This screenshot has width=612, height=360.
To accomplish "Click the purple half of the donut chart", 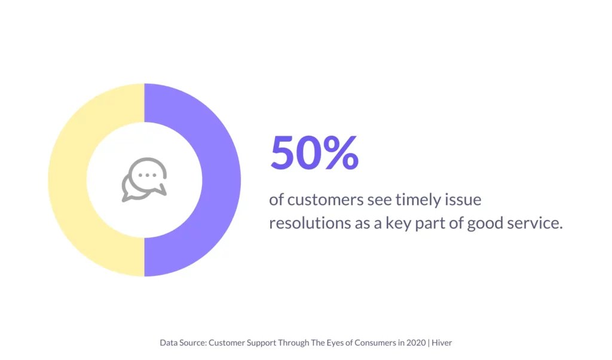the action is tap(222, 179).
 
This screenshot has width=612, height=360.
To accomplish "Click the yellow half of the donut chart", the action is tap(67, 179).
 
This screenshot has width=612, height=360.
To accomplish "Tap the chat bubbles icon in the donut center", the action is tap(145, 179).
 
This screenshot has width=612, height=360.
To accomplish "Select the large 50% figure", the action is tap(314, 152).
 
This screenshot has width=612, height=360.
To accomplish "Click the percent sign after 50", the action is tap(341, 152).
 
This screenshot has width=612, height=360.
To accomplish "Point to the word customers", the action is tap(326, 200).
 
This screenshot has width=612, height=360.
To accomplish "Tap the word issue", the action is tap(464, 200).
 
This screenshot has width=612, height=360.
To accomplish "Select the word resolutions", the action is tap(310, 223).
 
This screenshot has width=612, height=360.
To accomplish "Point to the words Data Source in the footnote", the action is tap(183, 343).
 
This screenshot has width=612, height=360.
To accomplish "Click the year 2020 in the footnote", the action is tap(416, 343).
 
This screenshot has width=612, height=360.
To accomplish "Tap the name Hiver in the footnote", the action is tap(442, 343).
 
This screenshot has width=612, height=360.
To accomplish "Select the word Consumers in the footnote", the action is tap(377, 343).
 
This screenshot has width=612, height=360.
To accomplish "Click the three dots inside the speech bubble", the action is tap(148, 175).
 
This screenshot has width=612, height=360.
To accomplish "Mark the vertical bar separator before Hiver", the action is tap(429, 343).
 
